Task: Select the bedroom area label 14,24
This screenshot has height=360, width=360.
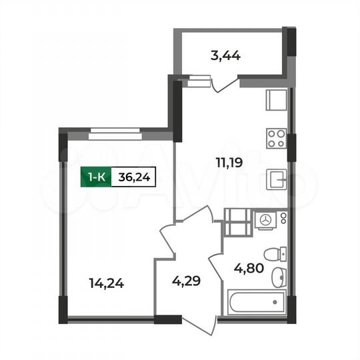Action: click(x=106, y=282)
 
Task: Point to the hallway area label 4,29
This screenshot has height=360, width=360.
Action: click(x=186, y=282)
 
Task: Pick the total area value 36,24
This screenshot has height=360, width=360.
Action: click(x=133, y=177)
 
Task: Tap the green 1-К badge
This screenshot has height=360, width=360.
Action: click(x=95, y=177)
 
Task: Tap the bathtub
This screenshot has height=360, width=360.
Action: click(x=255, y=303)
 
